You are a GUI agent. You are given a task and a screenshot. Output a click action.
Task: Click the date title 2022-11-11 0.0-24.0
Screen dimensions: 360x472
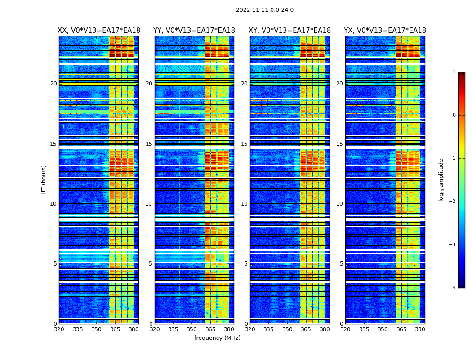[x=265, y=10]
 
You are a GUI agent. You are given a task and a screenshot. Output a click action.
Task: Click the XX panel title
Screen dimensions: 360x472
[x=99, y=31]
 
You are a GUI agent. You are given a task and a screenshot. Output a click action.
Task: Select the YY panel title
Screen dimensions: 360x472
[x=194, y=31]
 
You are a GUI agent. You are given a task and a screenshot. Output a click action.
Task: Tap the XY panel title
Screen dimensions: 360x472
[x=290, y=31]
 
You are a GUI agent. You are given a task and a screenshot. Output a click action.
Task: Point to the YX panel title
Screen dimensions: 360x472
[x=385, y=31]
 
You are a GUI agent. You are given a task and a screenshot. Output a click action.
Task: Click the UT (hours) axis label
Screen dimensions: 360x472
[x=44, y=180]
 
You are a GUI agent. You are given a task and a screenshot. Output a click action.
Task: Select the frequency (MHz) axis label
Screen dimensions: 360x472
[x=217, y=338]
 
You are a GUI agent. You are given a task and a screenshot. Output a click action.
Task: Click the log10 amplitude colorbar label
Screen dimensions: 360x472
[x=441, y=180]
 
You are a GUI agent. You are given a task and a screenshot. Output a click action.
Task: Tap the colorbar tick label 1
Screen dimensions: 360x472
[x=454, y=72]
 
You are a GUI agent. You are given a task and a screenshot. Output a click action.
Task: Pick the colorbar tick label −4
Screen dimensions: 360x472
[x=453, y=288]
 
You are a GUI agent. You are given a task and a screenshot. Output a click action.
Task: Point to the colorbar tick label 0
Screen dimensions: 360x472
[x=454, y=115]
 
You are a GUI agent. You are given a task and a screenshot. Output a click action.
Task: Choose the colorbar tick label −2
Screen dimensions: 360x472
[x=453, y=202]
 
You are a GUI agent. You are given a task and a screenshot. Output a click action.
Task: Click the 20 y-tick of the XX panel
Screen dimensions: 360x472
[x=53, y=84]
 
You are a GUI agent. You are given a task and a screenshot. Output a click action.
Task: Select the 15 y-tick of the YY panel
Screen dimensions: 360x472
[x=149, y=144]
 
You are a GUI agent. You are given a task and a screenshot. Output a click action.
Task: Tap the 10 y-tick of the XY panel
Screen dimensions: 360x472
[x=244, y=204]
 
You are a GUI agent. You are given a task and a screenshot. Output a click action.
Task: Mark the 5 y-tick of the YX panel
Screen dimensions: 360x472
[x=342, y=264]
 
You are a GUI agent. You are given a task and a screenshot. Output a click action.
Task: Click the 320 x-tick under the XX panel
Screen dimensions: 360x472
[x=59, y=329]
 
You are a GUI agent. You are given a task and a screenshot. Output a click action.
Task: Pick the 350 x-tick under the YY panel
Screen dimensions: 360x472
[x=192, y=329]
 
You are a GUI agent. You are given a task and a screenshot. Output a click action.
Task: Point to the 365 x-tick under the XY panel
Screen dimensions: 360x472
[x=306, y=329]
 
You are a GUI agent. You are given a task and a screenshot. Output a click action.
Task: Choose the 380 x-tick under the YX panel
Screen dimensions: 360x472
[x=420, y=329]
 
